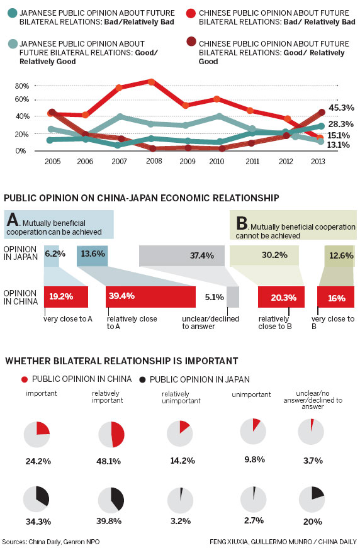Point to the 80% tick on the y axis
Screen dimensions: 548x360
pyautogui.click(x=21, y=86)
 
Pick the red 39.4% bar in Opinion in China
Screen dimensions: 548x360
pyautogui.click(x=151, y=296)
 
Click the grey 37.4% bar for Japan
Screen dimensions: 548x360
pyautogui.click(x=181, y=255)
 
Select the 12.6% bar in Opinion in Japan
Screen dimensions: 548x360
pyautogui.click(x=340, y=255)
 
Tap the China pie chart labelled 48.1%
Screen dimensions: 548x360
pyautogui.click(x=111, y=434)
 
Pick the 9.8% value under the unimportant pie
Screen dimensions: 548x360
pyautogui.click(x=254, y=459)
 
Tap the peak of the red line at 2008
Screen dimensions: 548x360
pyautogui.click(x=151, y=81)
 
